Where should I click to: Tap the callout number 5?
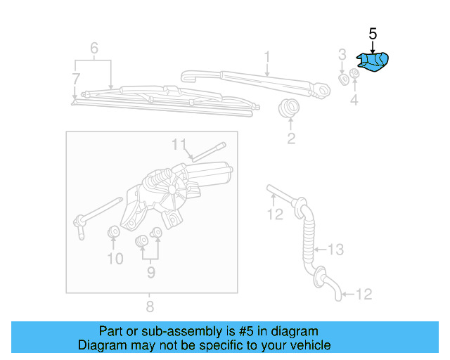(x=373, y=34)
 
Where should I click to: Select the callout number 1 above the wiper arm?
(x=267, y=56)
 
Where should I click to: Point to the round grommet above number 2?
(x=289, y=109)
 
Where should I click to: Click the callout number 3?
(x=342, y=55)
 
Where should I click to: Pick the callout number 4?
(x=354, y=101)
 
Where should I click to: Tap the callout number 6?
(x=94, y=48)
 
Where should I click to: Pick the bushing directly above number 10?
(x=112, y=232)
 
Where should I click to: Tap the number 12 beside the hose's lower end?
(x=365, y=295)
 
